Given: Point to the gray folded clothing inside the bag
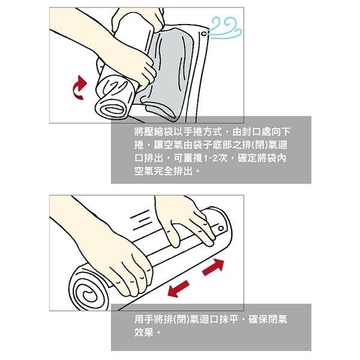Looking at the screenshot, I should [x=174, y=72].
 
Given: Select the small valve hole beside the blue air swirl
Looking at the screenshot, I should [x=206, y=37].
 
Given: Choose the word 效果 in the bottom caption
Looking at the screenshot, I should [x=145, y=332].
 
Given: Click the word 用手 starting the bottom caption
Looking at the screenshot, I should [x=145, y=319].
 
